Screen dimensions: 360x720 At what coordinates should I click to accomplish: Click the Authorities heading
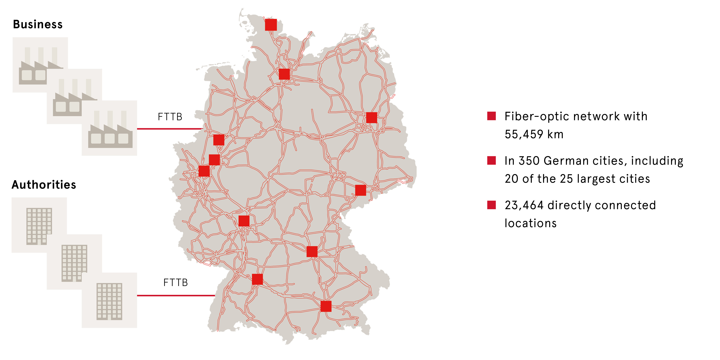click(x=44, y=185)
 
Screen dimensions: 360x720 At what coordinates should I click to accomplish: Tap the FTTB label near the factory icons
click(x=170, y=117)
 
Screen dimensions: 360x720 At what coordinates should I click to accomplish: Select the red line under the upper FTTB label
click(x=170, y=129)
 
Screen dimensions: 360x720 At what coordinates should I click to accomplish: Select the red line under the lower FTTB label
click(x=175, y=295)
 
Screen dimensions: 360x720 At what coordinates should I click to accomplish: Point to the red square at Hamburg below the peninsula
click(x=284, y=74)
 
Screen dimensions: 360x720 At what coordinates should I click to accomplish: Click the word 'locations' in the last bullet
click(x=530, y=223)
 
